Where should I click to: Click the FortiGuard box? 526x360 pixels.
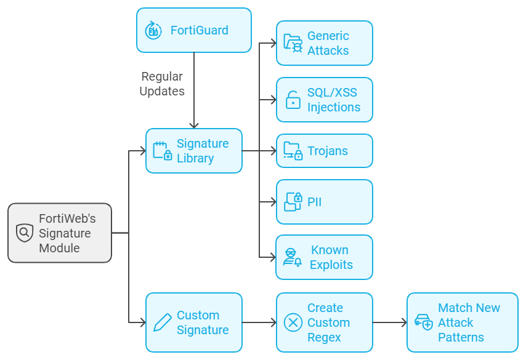[x=193, y=30]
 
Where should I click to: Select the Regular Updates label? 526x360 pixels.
[x=162, y=84]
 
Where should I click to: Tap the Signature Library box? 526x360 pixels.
[x=193, y=151]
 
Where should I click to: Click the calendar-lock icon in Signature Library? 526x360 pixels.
[x=162, y=151]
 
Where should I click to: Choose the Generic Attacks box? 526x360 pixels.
[x=324, y=43]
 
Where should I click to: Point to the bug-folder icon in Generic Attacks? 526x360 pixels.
[x=293, y=43]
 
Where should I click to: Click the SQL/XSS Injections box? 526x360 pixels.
[x=324, y=100]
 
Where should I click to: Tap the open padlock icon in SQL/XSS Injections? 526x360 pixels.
[x=293, y=100]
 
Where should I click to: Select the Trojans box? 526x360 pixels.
[x=324, y=151]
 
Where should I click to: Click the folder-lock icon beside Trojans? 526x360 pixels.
[x=293, y=151]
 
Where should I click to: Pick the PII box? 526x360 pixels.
[x=324, y=202]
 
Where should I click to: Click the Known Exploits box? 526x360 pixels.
[x=324, y=257]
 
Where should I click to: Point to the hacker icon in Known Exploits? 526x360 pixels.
[x=293, y=257]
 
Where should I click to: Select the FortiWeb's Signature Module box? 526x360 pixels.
[x=60, y=233]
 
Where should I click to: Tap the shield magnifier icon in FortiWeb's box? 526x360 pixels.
[x=25, y=233]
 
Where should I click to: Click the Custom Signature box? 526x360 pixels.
[x=193, y=322]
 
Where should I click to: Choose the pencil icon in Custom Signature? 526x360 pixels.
[x=162, y=322]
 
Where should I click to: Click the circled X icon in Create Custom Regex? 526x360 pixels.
[x=293, y=322]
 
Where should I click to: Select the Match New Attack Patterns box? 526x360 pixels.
[x=462, y=322]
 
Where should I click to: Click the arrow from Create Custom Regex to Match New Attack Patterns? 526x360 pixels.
[x=389, y=322]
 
